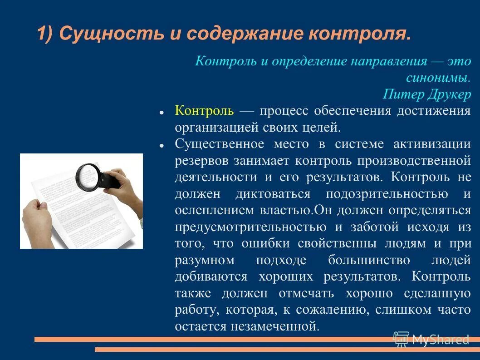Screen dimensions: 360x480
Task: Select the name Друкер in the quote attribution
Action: [x=448, y=94]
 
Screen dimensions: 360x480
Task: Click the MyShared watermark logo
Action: [x=431, y=339]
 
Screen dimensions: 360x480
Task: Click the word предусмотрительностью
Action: [x=250, y=227]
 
